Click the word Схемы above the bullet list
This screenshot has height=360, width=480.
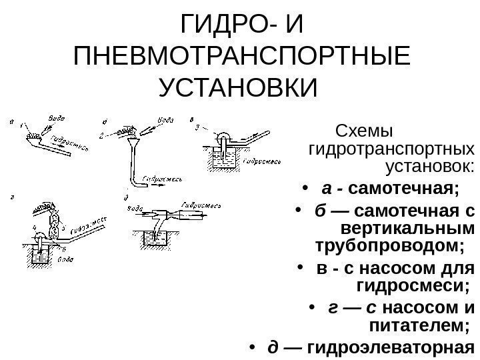(x=366, y=128)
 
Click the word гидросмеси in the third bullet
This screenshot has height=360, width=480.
(x=411, y=287)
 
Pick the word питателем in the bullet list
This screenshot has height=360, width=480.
(x=415, y=325)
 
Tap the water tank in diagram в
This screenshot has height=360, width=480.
(x=225, y=158)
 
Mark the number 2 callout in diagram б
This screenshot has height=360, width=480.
(x=101, y=135)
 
